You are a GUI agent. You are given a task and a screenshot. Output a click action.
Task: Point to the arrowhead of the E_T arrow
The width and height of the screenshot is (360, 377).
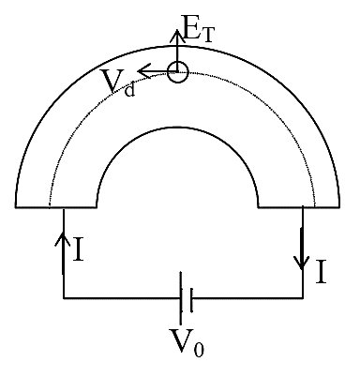177,35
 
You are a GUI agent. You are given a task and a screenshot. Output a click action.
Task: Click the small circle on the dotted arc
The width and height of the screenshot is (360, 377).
177,72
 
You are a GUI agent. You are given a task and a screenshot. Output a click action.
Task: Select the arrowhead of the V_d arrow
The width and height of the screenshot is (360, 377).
143,71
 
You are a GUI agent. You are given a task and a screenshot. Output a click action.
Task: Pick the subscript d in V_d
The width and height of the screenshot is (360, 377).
129,89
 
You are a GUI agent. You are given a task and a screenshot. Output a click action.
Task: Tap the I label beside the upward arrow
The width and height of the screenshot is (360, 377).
78,249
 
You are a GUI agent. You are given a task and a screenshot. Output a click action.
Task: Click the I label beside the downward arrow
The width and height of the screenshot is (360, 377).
322,272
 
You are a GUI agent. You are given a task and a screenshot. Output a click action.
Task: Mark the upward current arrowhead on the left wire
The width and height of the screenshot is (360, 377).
64,238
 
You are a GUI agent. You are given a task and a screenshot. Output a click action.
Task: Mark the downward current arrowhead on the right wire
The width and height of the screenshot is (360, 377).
302,263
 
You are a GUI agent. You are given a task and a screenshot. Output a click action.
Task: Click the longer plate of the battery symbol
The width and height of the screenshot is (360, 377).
181,298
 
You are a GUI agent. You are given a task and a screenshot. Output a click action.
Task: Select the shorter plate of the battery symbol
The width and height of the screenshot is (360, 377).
191,300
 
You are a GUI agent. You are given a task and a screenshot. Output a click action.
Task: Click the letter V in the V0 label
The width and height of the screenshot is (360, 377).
182,340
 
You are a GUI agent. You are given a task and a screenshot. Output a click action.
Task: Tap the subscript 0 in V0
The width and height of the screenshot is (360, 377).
199,348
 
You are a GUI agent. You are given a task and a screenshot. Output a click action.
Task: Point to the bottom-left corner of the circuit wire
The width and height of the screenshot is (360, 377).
64,298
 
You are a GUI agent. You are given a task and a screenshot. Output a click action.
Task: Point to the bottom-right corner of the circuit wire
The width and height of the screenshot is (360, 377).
303,298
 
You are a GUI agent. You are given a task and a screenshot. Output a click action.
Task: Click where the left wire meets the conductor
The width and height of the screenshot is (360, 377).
64,207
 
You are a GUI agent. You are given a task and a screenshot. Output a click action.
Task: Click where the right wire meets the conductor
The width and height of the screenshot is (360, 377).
303,207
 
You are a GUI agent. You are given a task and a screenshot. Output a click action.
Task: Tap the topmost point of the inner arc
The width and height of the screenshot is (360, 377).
177,128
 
